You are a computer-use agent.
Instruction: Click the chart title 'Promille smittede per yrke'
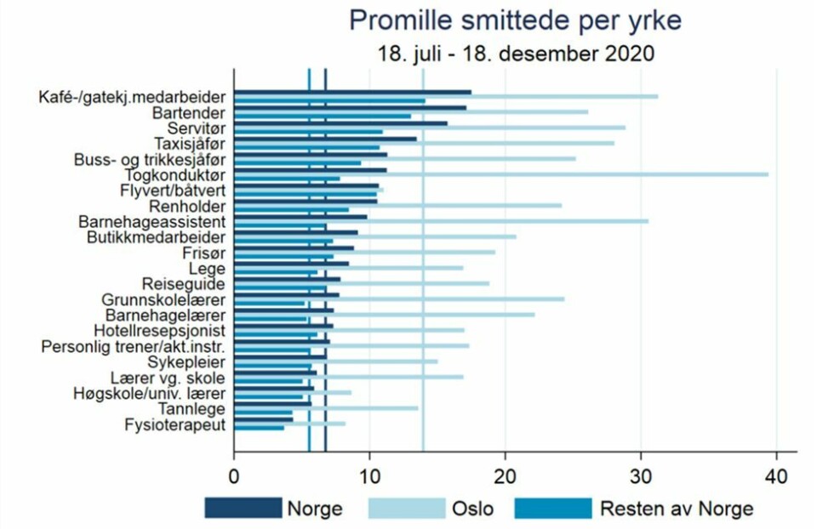(515, 20)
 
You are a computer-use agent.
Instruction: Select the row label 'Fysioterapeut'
(175, 424)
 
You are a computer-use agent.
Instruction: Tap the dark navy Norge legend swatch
(243, 509)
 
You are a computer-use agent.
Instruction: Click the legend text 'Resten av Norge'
(677, 509)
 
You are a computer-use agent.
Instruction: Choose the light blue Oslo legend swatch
(405, 509)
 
